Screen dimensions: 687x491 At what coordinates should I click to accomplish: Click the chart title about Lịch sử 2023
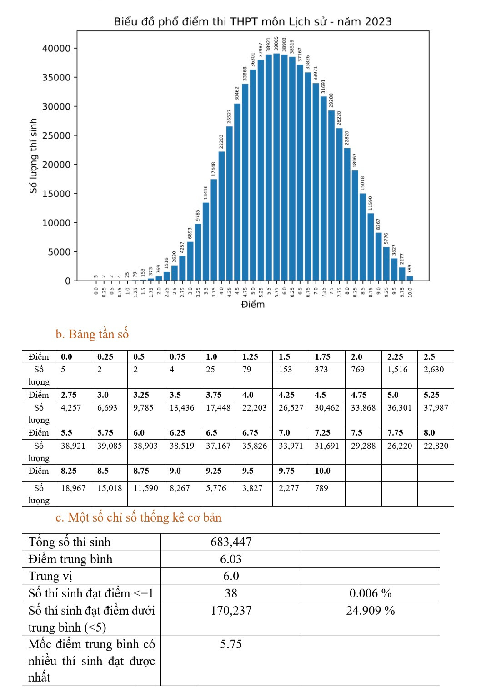[x=253, y=21]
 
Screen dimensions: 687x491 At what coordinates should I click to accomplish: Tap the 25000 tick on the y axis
[x=56, y=135]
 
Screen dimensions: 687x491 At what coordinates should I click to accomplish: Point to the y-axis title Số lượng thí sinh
[x=33, y=156]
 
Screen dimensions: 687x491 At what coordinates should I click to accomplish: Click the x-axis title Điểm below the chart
[x=253, y=304]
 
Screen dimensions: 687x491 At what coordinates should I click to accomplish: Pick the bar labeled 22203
[x=221, y=216]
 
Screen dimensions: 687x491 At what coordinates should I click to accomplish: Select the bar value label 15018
[x=362, y=183]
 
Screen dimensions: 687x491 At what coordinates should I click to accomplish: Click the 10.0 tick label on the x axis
[x=410, y=292]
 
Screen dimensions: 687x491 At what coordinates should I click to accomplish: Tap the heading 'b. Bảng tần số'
[x=92, y=334]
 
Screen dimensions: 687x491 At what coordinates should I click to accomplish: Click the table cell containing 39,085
[x=109, y=446]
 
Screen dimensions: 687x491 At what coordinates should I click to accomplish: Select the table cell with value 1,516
[x=397, y=369]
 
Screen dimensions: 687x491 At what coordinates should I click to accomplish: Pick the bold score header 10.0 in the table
[x=322, y=471]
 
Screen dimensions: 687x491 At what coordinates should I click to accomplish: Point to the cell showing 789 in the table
[x=321, y=488]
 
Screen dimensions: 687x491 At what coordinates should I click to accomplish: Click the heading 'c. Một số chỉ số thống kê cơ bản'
[x=139, y=517]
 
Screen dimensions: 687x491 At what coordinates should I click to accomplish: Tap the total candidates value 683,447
[x=231, y=542]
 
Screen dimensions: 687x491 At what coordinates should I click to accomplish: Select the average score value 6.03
[x=231, y=559]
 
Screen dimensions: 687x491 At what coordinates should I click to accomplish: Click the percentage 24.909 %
[x=370, y=610]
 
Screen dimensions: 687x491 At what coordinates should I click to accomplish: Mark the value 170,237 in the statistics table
[x=231, y=610]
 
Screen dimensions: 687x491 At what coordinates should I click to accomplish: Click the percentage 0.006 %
[x=370, y=593]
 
